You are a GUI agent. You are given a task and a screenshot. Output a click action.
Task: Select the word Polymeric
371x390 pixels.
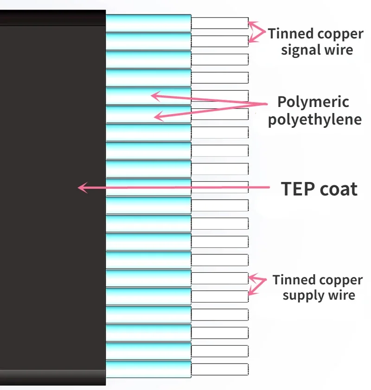tap(313, 102)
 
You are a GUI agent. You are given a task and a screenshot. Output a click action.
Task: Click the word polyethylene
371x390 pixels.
tap(315, 120)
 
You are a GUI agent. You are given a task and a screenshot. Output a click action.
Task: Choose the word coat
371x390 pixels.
tap(339, 189)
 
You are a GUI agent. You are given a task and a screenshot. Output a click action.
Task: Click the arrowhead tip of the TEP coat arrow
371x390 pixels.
tap(78, 188)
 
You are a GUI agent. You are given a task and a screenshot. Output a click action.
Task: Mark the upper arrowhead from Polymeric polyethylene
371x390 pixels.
tap(151, 96)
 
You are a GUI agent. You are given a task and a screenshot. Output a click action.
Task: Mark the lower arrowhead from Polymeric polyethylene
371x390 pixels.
tap(154, 116)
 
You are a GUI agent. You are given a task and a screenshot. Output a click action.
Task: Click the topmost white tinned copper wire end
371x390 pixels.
tap(220, 23)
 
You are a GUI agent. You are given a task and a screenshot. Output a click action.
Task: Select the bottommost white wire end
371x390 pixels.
tap(220, 369)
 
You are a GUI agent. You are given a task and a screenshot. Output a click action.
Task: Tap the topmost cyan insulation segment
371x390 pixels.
tap(148, 23)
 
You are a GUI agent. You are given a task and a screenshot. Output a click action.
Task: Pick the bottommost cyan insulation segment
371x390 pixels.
tap(148, 369)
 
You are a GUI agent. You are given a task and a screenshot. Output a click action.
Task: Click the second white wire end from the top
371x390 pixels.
tap(220, 41)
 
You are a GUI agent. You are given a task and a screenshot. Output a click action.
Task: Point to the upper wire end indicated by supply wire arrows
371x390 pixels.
tap(220, 278)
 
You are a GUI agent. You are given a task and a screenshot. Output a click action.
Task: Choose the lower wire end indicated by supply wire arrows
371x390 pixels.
tap(220, 296)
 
